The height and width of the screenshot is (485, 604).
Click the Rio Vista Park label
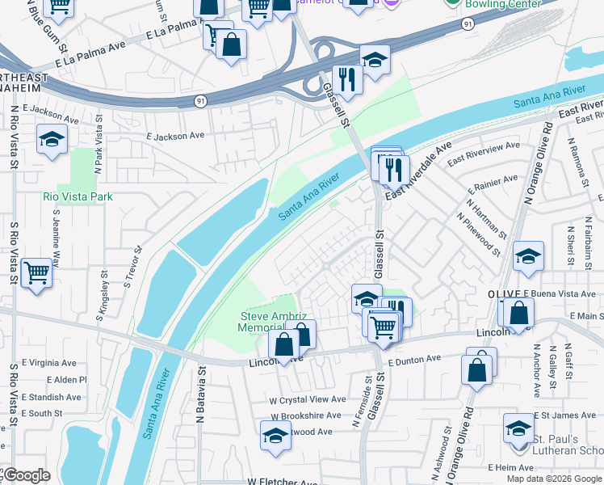point(78,196)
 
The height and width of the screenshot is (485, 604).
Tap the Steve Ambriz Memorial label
point(271,322)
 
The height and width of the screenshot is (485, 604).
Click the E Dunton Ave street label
point(414,358)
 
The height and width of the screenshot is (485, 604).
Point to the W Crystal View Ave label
point(308,399)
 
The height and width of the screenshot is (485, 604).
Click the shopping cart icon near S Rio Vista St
point(36,272)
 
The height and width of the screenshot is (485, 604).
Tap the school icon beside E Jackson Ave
point(52,140)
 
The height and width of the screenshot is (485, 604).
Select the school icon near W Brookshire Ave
point(275,435)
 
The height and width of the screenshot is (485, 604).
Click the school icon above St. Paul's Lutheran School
point(518,428)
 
